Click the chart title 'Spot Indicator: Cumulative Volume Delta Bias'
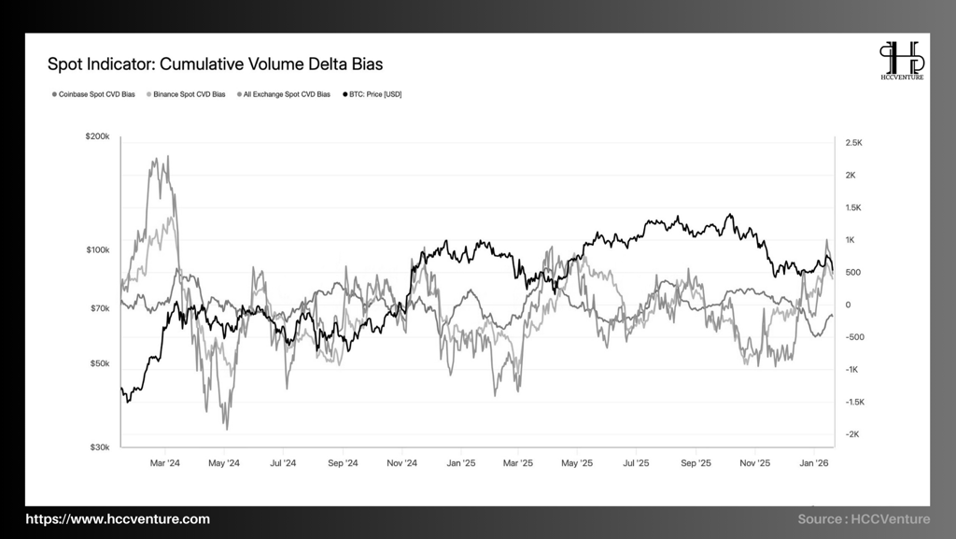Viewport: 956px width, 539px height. tap(215, 64)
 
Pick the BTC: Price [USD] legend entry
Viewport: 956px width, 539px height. tap(373, 94)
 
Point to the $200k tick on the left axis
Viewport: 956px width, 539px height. tap(98, 136)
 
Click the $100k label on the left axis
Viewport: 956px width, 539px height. tap(98, 250)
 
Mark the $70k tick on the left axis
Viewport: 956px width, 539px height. tap(100, 308)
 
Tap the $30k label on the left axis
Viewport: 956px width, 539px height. tap(100, 447)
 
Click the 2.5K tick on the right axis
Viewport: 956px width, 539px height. tap(854, 143)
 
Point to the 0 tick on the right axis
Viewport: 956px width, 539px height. tap(848, 305)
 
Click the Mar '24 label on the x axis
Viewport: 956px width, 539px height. tap(165, 462)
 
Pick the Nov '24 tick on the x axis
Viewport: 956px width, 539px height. tap(401, 462)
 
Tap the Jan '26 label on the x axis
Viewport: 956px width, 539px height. tap(816, 462)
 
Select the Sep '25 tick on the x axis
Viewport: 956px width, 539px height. tap(696, 462)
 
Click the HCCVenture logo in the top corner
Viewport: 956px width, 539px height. tap(903, 61)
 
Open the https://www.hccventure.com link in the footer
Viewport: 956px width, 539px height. tap(118, 519)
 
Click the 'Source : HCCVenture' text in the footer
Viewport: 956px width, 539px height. tap(864, 519)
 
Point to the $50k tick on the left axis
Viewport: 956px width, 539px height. tap(100, 363)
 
